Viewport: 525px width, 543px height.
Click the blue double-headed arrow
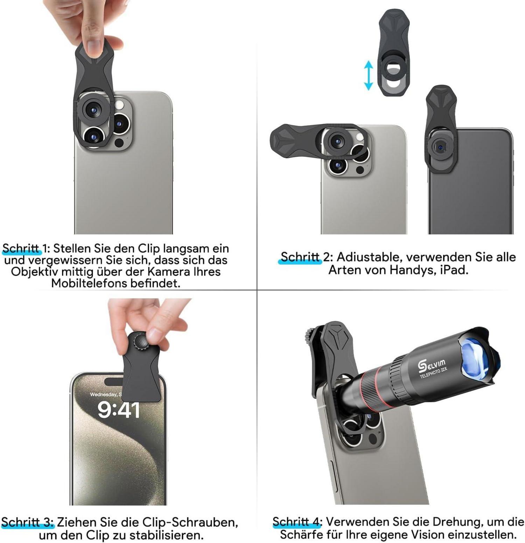click(x=368, y=75)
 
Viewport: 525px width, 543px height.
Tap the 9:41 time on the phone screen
click(x=119, y=410)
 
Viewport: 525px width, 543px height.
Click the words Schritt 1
click(x=25, y=248)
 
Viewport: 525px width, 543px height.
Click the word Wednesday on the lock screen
click(x=104, y=394)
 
